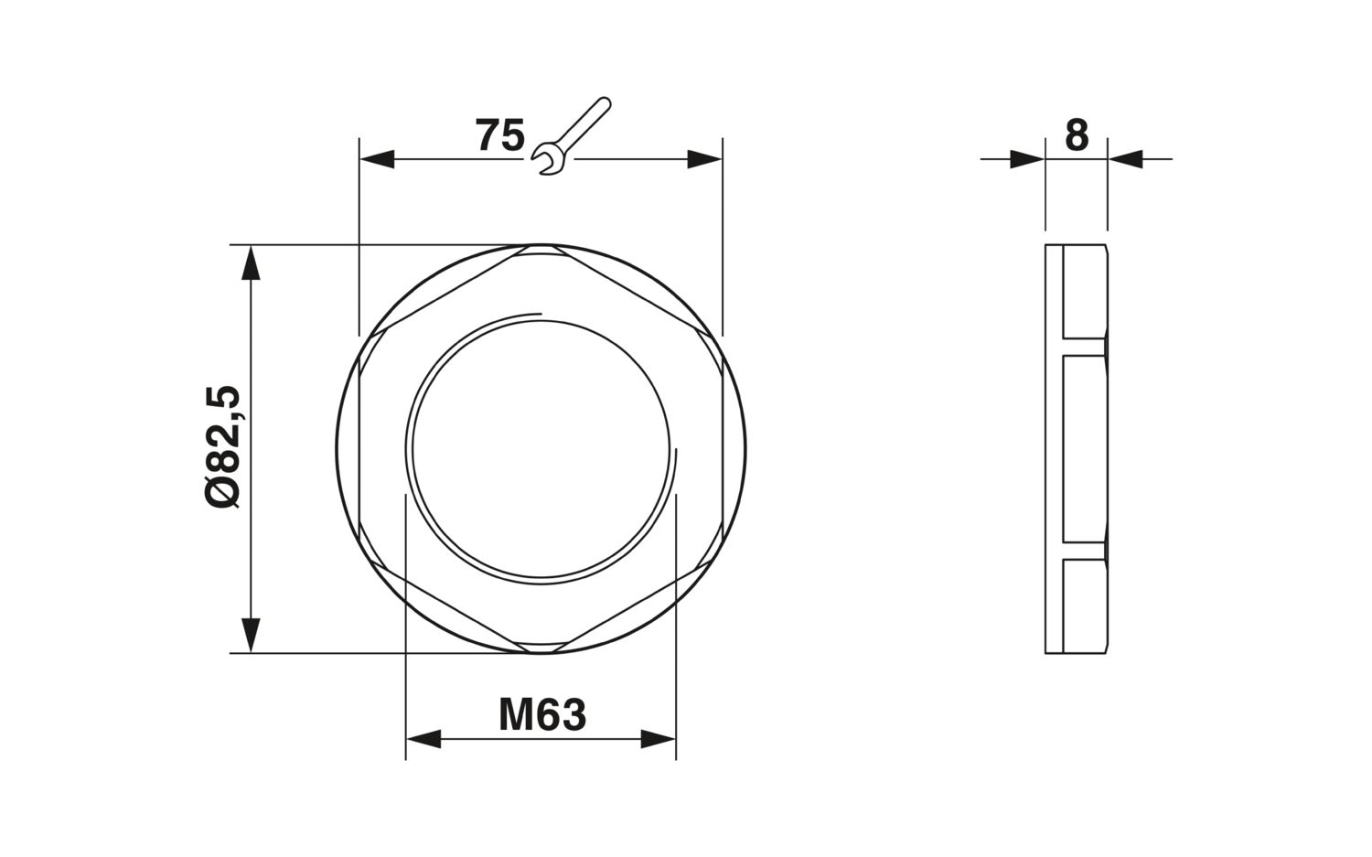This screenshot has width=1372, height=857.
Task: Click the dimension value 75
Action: (x=500, y=135)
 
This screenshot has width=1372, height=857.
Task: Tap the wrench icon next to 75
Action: (x=572, y=136)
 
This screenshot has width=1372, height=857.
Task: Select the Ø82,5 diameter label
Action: (x=222, y=446)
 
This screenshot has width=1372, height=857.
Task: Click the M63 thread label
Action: (x=542, y=715)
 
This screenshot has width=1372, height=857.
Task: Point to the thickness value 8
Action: (x=1077, y=135)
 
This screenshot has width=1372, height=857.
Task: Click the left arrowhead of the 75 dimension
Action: (x=377, y=159)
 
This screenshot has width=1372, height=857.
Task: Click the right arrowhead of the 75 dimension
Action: (x=705, y=159)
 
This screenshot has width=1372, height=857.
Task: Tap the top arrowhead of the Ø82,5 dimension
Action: (x=251, y=262)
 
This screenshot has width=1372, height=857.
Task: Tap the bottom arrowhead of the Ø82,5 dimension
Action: (x=251, y=636)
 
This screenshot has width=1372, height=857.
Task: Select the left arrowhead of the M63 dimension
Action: (x=423, y=739)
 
